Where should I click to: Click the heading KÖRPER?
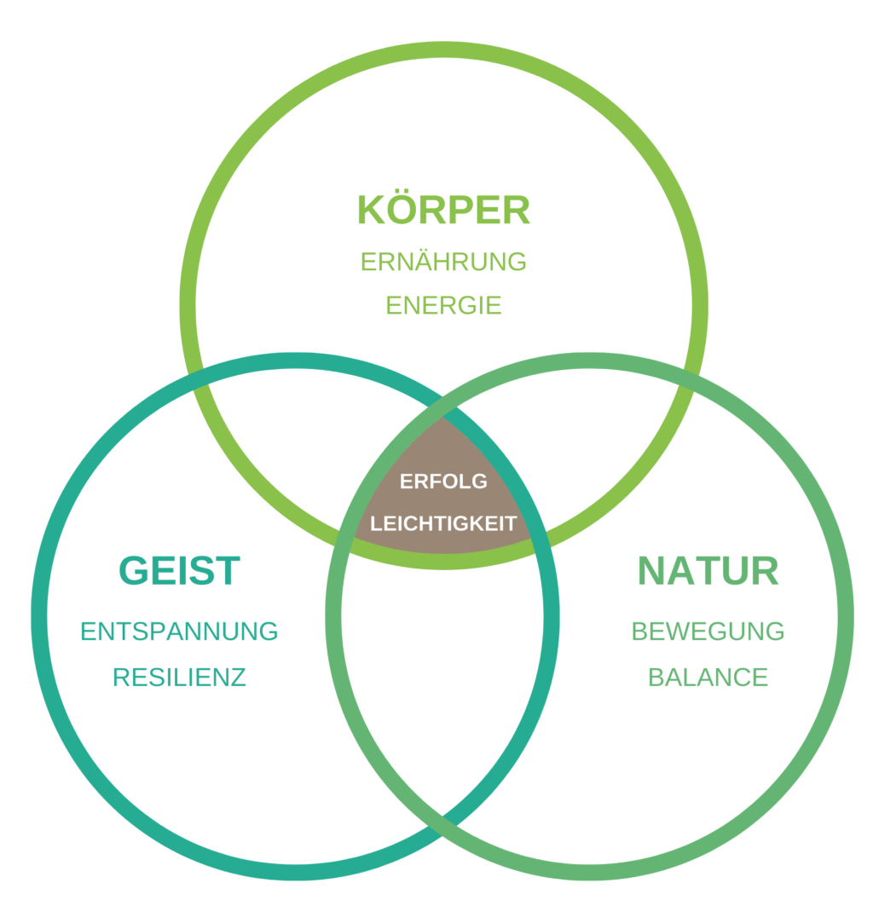443,210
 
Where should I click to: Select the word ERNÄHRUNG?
443,262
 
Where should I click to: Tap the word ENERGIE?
443,305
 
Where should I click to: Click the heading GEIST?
180,571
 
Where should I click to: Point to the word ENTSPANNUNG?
179,632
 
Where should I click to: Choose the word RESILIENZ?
179,678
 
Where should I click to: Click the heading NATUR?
708,571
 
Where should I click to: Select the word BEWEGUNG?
708,632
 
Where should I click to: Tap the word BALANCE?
708,678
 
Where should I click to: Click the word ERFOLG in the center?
443,482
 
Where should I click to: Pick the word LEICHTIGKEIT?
443,523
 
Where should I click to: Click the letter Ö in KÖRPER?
402,209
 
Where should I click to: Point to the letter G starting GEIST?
134,571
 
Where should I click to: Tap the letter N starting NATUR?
651,571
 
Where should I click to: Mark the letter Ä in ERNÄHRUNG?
422,261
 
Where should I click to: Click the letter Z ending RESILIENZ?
240,678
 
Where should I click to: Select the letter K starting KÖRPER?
372,210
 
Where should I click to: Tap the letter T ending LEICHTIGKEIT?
511,523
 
